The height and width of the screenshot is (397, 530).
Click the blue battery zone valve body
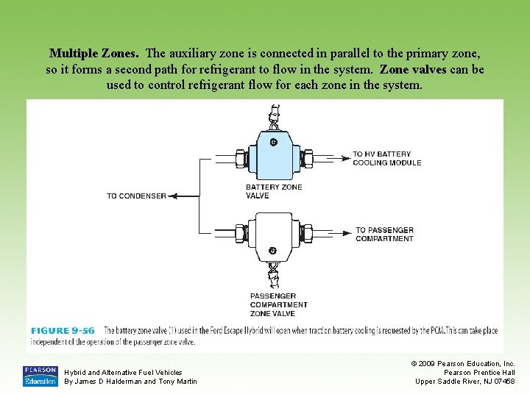[x=273, y=157]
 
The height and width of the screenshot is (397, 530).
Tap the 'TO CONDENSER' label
[x=136, y=196]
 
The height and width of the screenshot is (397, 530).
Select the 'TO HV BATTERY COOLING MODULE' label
[x=387, y=158]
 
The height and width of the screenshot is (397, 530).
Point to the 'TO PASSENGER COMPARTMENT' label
[x=384, y=235]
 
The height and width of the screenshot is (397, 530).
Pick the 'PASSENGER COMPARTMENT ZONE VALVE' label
[x=279, y=304]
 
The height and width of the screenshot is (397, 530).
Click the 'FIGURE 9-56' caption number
[x=63, y=331]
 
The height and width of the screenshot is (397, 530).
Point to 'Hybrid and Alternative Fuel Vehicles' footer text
[x=124, y=373]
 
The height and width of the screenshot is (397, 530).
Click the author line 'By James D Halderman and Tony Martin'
[x=131, y=381]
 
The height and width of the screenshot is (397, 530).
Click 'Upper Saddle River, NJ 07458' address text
[x=465, y=381]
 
